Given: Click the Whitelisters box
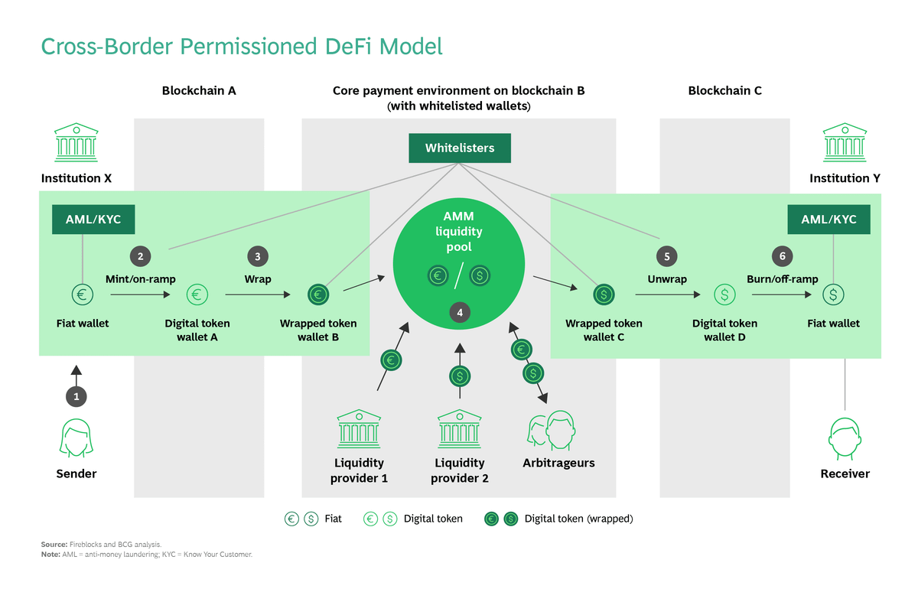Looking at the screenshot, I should coord(459,148).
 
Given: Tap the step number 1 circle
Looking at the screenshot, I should coord(76,396).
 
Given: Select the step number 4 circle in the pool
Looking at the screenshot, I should coord(459,312).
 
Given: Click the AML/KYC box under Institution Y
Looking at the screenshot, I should coord(828,220).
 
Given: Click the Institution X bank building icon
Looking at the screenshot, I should coord(76,142).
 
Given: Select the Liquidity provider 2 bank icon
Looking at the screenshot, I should coord(459,429).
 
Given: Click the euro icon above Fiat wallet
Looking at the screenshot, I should coord(82,294).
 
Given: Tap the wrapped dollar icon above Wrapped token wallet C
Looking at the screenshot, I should coord(604,294).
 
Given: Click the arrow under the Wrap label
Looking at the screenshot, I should coord(257,294).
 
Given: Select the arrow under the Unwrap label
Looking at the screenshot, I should coord(667,294).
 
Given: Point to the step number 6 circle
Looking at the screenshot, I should coord(781,256).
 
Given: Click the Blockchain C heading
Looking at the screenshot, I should coord(724,91).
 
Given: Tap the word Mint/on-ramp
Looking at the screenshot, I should coord(140,279).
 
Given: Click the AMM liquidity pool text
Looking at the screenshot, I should coord(459,232).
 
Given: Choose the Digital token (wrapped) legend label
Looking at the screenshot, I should coord(578,519).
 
